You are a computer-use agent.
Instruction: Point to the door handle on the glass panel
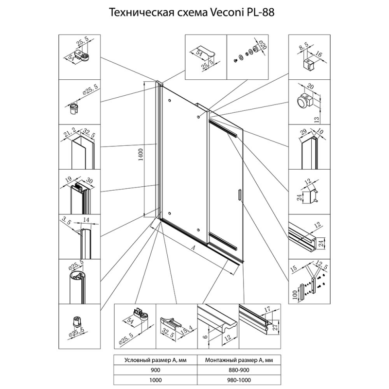point(239,194)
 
